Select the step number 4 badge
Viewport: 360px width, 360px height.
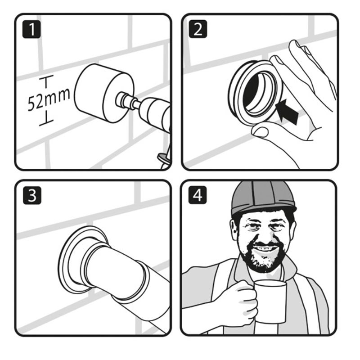[x=198, y=196]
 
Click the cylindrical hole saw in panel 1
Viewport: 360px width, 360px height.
[x=97, y=95]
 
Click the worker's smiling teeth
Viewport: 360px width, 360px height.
[x=265, y=247]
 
